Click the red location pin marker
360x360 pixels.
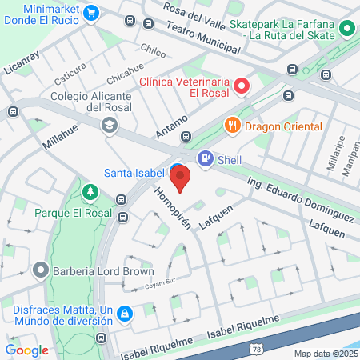pos(181,178)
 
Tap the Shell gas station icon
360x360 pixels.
pos(206,159)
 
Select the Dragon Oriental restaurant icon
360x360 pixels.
pos(233,126)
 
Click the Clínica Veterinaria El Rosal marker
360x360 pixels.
pos(242,85)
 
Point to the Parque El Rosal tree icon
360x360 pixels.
pos(90,193)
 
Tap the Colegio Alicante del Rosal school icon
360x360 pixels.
pos(108,125)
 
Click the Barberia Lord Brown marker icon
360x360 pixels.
pos(40,270)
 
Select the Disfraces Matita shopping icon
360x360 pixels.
pos(125,314)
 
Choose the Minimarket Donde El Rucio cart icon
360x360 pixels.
pos(91,13)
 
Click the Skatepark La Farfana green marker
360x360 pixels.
pos(347,30)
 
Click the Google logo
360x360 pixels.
pos(26,350)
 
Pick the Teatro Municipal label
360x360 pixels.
pos(204,37)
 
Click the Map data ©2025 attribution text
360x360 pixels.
pos(325,353)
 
